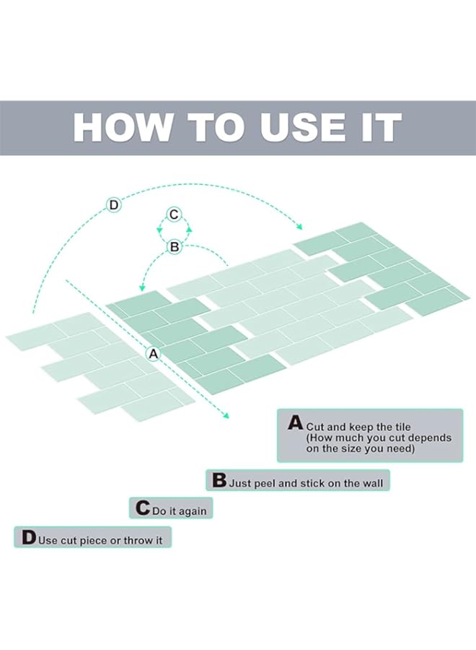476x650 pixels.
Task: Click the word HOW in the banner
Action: click(x=122, y=127)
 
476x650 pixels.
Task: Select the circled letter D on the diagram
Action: click(x=113, y=205)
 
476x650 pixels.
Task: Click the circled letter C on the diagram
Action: click(x=174, y=214)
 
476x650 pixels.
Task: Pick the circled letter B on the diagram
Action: click(x=175, y=247)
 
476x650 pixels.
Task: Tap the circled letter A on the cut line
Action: click(x=154, y=354)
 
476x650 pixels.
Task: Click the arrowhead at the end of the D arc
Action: click(x=299, y=226)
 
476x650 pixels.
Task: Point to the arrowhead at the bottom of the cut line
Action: click(x=225, y=415)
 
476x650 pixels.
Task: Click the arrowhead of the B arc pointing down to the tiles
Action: click(x=141, y=287)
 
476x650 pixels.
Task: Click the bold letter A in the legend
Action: click(x=296, y=422)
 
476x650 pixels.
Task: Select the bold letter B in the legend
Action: click(x=219, y=480)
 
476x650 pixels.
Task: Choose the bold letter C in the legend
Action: click(x=143, y=508)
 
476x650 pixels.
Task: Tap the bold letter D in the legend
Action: click(x=29, y=537)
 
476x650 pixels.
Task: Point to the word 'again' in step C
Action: click(x=193, y=512)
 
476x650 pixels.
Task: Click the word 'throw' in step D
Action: click(x=139, y=540)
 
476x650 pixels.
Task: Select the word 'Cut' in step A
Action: click(x=314, y=427)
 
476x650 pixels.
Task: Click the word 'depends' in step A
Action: click(x=432, y=438)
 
